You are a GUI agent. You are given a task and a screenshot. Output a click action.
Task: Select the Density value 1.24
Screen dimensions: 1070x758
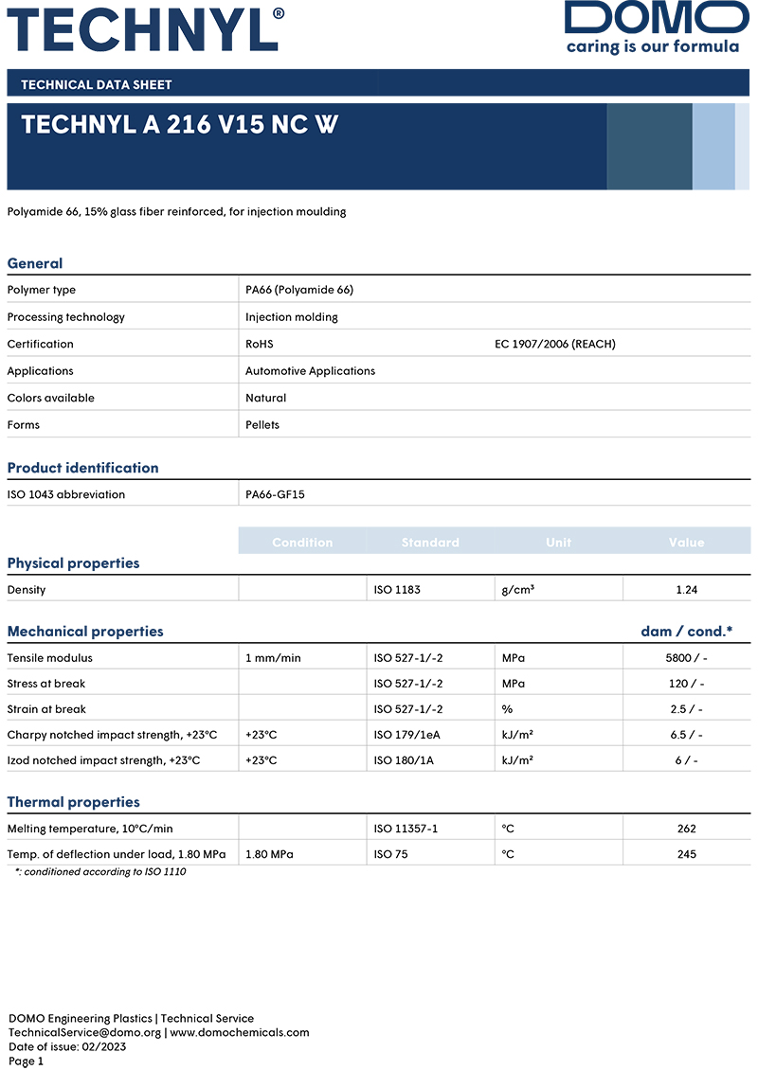coord(686,590)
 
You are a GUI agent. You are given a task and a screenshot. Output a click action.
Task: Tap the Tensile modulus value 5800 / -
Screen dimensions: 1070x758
coord(686,658)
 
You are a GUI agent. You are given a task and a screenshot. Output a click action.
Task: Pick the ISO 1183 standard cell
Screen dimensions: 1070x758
coord(397,590)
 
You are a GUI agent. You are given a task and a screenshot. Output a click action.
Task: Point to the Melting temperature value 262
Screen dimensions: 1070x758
coord(686,829)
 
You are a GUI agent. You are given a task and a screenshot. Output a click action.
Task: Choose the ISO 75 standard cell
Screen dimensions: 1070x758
coord(390,854)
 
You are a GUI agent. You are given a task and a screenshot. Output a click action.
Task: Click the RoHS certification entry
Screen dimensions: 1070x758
coord(259,344)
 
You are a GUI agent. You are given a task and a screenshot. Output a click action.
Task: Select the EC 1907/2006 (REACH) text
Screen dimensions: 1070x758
coord(554,344)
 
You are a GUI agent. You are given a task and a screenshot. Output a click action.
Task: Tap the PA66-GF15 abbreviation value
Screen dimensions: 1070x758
coord(275,494)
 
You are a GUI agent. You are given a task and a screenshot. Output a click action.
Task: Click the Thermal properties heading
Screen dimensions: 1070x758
coord(73,802)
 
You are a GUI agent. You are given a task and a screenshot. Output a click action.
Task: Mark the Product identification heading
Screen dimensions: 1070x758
coord(82,468)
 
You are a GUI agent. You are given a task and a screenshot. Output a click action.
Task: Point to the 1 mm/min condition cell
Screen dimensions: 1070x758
coord(273,658)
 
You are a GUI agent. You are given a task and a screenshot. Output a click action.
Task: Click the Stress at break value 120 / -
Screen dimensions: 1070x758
coord(686,684)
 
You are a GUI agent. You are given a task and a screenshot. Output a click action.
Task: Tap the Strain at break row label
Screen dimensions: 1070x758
coord(46,709)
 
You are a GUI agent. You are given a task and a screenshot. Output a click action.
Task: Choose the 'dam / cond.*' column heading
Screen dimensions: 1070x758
coord(686,632)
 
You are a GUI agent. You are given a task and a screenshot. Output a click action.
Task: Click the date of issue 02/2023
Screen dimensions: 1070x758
coord(107,1046)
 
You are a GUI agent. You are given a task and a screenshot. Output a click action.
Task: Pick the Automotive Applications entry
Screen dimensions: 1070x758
coord(310,371)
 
